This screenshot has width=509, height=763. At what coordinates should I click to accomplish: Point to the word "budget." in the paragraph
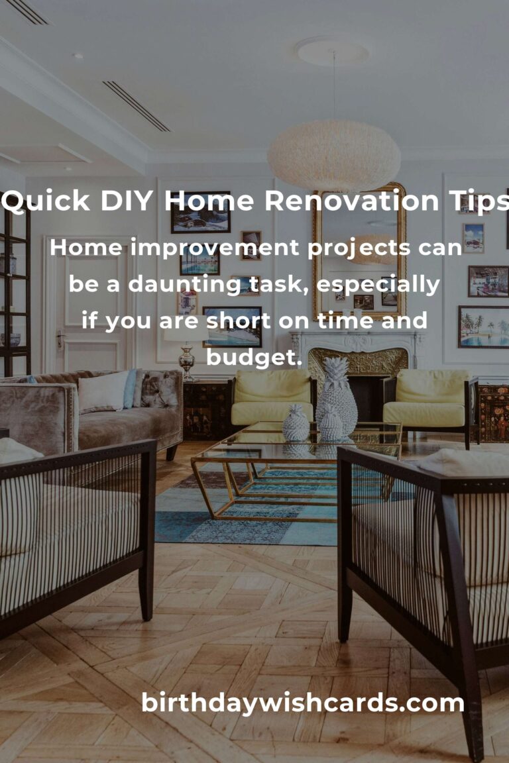tap(254, 357)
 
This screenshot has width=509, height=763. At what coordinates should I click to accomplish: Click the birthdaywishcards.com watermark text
tap(303, 703)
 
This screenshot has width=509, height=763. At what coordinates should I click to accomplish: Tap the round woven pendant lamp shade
tap(334, 156)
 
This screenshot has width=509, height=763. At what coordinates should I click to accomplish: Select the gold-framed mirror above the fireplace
tap(360, 252)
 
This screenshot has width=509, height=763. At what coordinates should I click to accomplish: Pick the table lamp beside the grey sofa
tap(186, 350)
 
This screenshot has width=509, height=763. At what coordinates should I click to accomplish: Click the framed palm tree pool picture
tap(483, 327)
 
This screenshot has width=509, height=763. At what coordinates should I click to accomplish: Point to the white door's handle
tap(60, 340)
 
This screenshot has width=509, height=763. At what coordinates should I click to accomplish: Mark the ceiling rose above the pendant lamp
tap(333, 51)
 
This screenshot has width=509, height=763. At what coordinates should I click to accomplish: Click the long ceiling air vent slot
tap(137, 106)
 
